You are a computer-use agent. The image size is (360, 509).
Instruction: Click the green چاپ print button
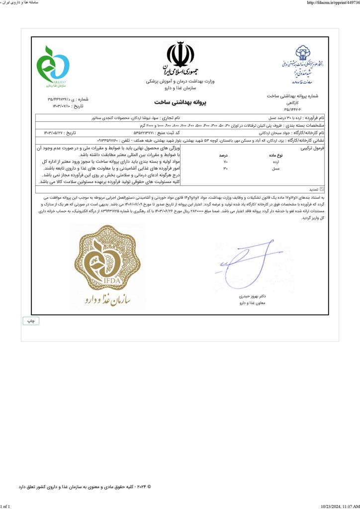pos(31,321)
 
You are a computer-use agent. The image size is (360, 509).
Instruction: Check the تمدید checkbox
pos(322,189)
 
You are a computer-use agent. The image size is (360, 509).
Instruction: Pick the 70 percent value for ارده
pos(226,162)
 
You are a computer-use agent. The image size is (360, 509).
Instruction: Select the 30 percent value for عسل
pos(226,169)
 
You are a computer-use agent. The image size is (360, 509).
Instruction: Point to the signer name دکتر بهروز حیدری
pos(254,296)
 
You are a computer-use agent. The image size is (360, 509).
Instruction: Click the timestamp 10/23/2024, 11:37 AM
pos(341,506)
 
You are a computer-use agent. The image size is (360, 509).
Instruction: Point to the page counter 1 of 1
pos(5,506)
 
